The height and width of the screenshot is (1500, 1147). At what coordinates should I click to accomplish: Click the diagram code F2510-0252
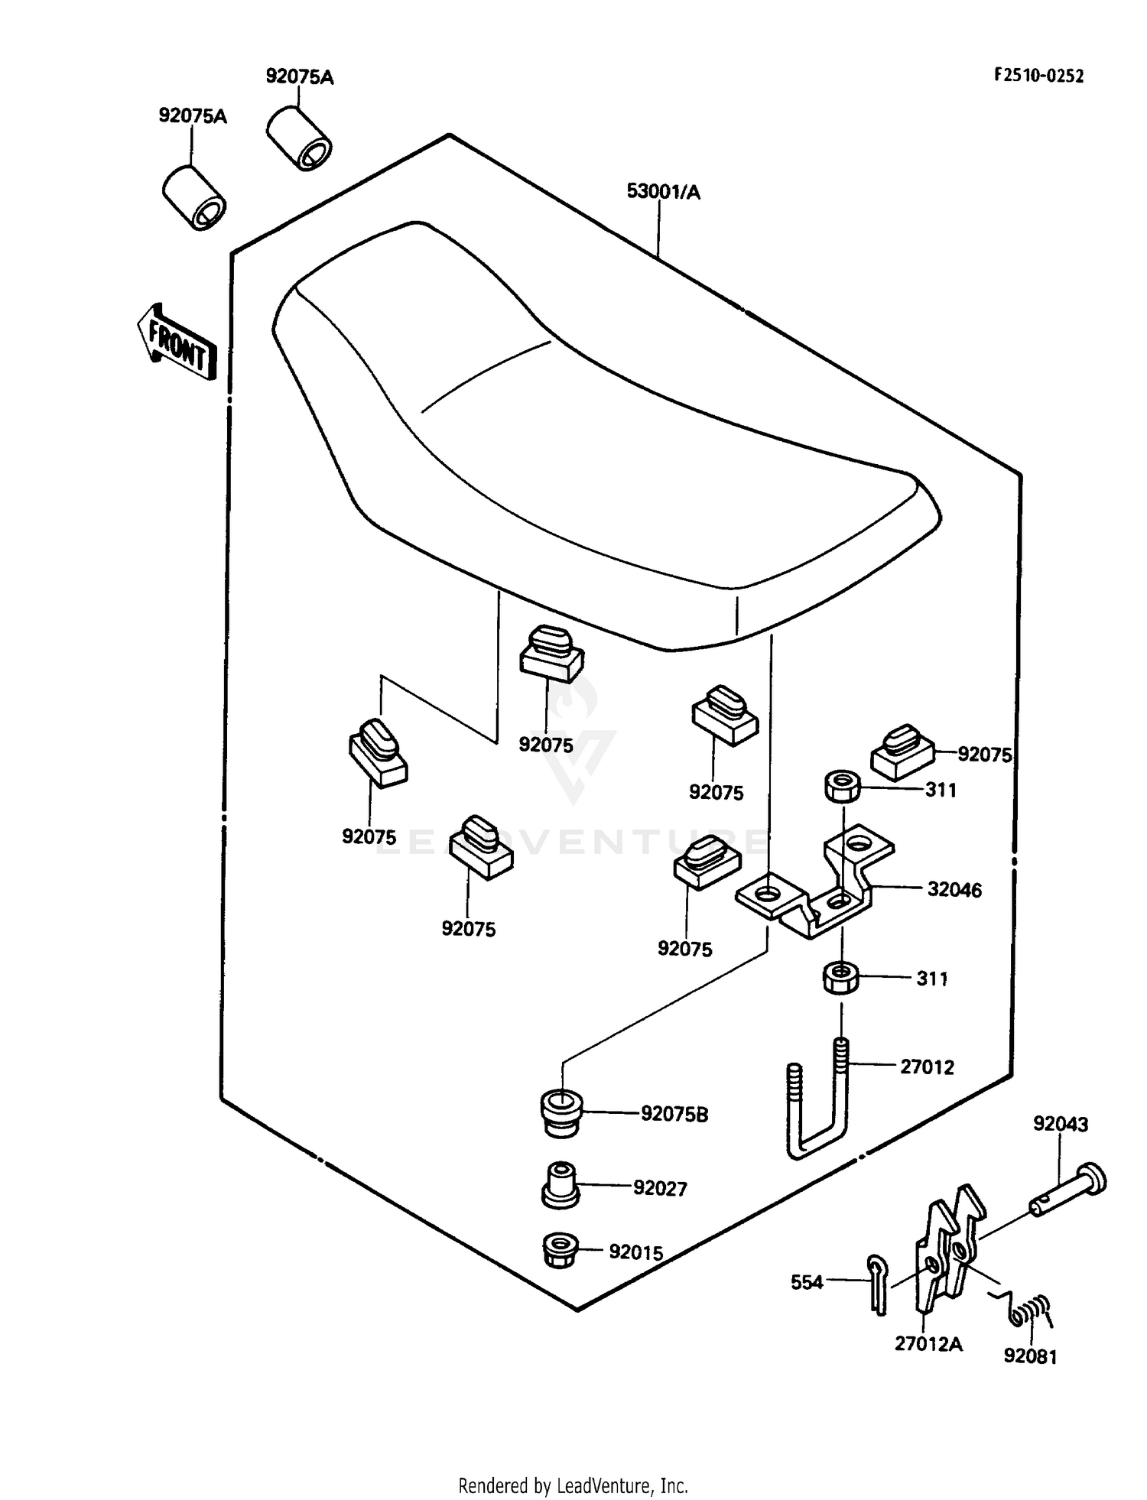coord(1038,75)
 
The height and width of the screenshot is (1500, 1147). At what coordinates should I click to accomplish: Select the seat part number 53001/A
coord(663,191)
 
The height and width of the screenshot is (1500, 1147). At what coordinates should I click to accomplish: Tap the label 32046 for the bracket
coord(954,889)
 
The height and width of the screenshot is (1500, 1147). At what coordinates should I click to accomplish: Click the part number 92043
coord(1061,1124)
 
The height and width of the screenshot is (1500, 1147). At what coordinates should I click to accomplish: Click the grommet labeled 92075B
coord(561,1114)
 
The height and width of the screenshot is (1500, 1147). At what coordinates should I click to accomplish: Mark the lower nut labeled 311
coord(840,978)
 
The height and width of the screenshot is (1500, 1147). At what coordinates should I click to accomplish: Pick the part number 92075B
coord(674,1114)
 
